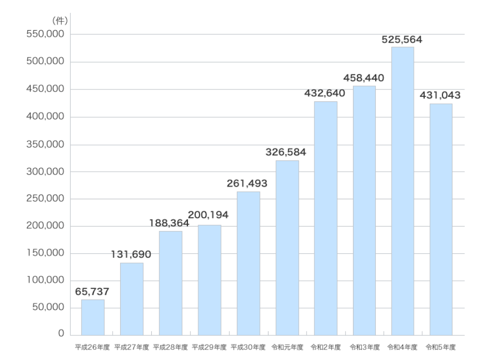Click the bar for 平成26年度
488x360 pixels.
point(93,317)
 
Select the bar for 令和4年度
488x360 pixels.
point(402,191)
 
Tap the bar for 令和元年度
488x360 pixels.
point(287,247)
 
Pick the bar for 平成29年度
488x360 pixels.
point(209,280)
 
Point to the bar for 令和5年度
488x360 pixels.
point(441,219)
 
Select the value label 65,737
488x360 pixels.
point(92,292)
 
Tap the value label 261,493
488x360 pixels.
point(247,183)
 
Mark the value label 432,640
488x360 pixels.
point(325,93)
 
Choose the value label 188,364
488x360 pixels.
point(169,223)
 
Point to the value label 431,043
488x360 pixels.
point(440,95)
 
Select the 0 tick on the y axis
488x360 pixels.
point(61,334)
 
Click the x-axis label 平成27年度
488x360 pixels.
point(132,347)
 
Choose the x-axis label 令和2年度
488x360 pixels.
point(326,347)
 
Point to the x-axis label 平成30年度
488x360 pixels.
point(248,347)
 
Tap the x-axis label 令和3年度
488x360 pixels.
point(364,347)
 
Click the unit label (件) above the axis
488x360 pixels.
point(59,21)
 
